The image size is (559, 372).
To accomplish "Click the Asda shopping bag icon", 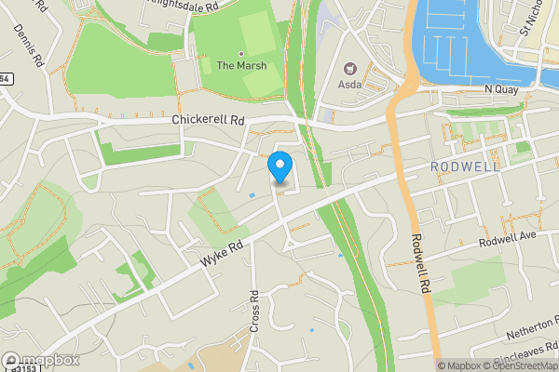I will pos(351,68).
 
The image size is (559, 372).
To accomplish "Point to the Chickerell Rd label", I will pos(208,120).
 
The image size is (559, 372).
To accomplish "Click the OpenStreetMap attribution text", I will pos(517,365).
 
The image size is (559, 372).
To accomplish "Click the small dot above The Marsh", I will pos(241,54).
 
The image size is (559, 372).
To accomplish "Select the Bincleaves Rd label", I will pos(526,356).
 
